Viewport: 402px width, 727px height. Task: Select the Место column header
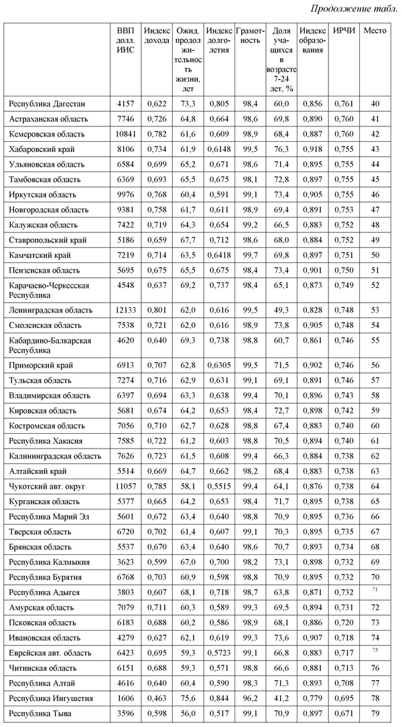[374, 31]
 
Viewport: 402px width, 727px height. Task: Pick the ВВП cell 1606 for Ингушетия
[126, 698]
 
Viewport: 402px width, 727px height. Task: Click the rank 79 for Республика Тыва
[375, 714]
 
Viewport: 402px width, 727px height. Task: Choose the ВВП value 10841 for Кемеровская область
[126, 134]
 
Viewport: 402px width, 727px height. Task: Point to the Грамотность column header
[250, 35]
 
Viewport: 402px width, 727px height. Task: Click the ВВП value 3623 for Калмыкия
[126, 562]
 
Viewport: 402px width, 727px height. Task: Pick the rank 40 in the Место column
[375, 104]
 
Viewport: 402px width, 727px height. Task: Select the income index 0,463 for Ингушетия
[157, 698]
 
